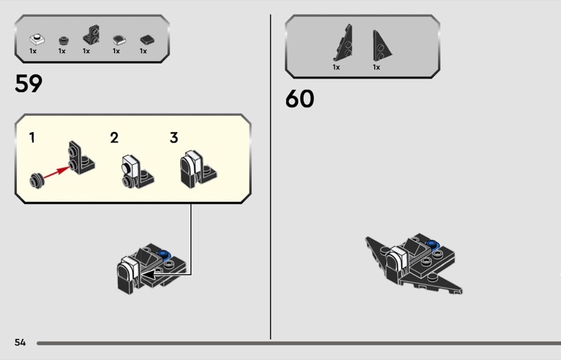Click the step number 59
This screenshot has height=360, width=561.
tap(29, 84)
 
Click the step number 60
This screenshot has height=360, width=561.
tap(299, 99)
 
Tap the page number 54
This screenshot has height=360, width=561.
tap(20, 342)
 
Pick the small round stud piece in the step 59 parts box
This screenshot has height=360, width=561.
tap(62, 40)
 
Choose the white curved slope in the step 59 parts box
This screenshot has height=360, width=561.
tap(118, 40)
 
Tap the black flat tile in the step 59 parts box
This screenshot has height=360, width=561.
tap(146, 40)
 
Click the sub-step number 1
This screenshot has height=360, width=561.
tap(32, 138)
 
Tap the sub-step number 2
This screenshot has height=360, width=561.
tap(114, 138)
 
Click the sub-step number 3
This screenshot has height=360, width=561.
tap(174, 138)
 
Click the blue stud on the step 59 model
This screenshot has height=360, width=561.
tap(165, 254)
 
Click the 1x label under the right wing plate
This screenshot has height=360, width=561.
tap(377, 67)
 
